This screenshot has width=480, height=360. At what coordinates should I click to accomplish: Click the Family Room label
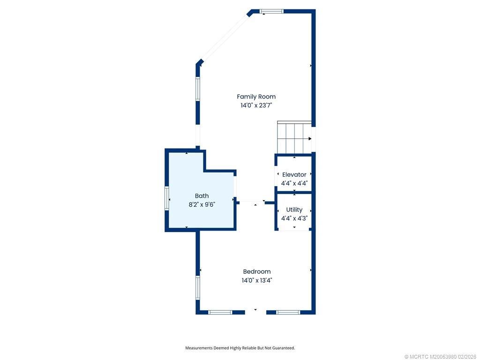(256, 97)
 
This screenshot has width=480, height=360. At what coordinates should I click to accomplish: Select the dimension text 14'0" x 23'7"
(256, 105)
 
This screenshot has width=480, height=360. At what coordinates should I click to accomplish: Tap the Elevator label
(294, 174)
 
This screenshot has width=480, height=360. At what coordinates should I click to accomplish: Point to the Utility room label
(294, 210)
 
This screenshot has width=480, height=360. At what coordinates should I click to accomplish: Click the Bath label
(202, 196)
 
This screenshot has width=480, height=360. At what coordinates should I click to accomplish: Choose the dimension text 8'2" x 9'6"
(202, 204)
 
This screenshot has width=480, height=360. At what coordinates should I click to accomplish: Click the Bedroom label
(256, 271)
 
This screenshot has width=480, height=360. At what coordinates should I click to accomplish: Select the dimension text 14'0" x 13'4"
(256, 280)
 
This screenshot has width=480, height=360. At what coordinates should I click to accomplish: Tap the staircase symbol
(294, 138)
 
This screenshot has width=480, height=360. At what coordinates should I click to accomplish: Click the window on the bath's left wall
(167, 198)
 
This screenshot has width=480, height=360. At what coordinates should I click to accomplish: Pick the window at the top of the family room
(271, 11)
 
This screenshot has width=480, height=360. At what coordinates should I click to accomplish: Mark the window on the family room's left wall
(198, 89)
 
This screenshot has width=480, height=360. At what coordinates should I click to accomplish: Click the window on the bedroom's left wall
(198, 287)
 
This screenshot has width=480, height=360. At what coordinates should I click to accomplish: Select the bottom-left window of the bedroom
(220, 312)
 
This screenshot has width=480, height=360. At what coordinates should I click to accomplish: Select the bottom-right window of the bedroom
(288, 312)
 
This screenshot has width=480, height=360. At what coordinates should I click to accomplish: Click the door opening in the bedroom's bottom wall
(255, 312)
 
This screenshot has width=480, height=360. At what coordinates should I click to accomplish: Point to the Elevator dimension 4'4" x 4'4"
(294, 183)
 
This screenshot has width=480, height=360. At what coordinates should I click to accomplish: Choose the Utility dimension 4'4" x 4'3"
(294, 218)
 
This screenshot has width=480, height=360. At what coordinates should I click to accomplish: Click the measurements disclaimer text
(240, 348)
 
